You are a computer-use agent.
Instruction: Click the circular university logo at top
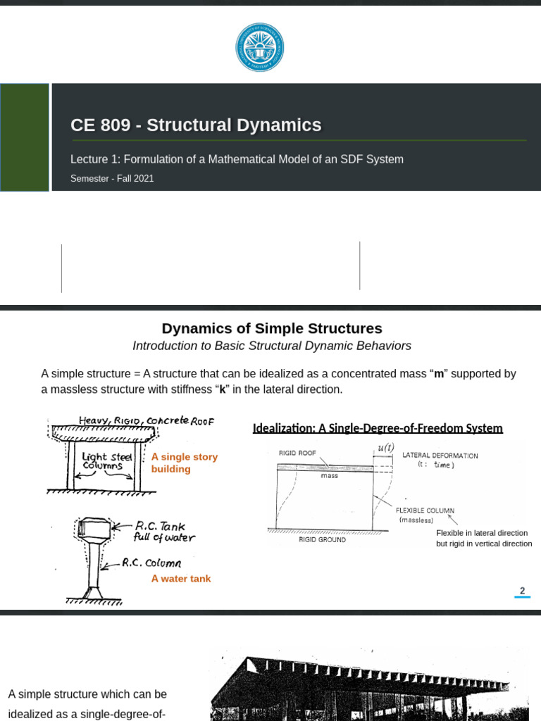coord(259,47)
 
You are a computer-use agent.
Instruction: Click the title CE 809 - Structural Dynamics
coord(196,125)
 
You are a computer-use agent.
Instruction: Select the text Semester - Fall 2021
coord(112,179)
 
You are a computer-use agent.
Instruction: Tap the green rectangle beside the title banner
coord(25,137)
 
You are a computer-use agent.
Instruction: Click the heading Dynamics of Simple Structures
coord(272,328)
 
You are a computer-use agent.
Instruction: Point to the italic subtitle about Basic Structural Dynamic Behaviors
coord(272,346)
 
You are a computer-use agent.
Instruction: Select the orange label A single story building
coord(184,463)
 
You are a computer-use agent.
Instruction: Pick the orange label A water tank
coord(181,579)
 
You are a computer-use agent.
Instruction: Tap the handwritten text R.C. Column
coord(151,563)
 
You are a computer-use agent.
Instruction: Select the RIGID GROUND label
coord(322,539)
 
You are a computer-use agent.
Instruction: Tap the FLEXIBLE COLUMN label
coord(425,510)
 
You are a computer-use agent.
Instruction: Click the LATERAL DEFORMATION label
coord(440,456)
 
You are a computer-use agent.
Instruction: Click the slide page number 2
coord(522,591)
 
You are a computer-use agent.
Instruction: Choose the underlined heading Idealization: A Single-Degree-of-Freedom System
coord(378,428)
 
